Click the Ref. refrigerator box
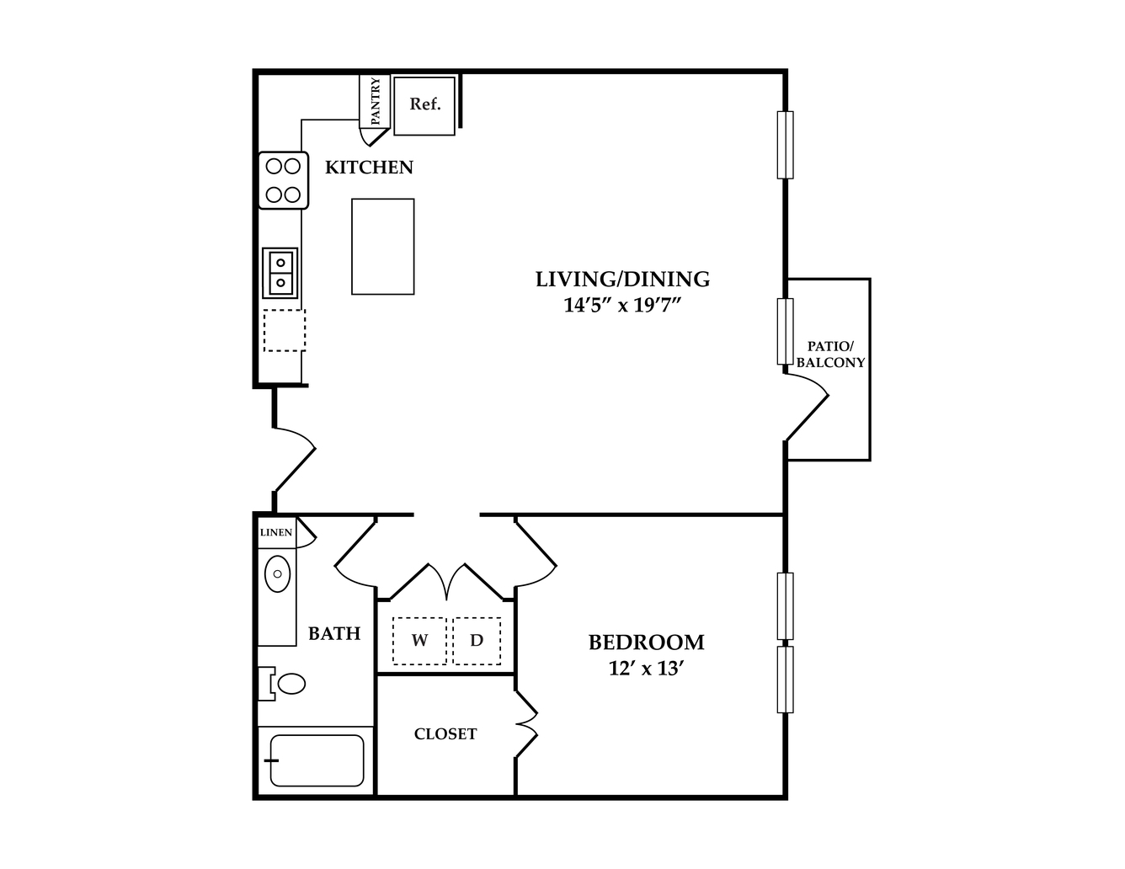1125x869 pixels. [x=424, y=106]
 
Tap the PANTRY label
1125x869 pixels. [x=376, y=101]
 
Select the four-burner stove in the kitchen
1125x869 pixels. [x=283, y=180]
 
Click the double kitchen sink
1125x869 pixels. [x=280, y=273]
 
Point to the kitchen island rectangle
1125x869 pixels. [x=382, y=247]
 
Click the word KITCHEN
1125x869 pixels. [x=369, y=168]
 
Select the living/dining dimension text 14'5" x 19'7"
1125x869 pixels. [x=621, y=306]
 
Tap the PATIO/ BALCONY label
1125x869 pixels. [x=830, y=355]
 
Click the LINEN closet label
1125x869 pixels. [x=276, y=532]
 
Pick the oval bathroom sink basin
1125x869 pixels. [x=278, y=573]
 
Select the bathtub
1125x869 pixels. [x=317, y=760]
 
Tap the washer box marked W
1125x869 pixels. [x=419, y=641]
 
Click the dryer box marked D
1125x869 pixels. [x=477, y=641]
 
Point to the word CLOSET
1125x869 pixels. [x=445, y=734]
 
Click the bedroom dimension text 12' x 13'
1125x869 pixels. [x=646, y=669]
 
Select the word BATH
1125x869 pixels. [x=334, y=633]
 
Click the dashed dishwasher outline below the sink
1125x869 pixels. [x=285, y=330]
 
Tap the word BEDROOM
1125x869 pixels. [x=646, y=642]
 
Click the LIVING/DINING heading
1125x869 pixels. [x=622, y=279]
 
